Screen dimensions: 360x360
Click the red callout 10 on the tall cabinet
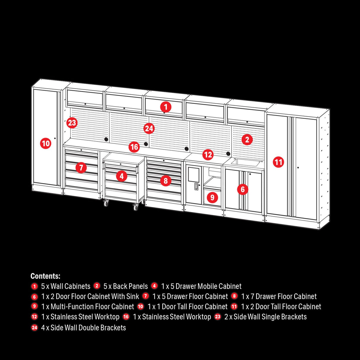click(x=46, y=144)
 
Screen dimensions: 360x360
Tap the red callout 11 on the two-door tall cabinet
click(x=278, y=162)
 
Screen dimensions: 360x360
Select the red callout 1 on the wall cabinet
click(x=166, y=107)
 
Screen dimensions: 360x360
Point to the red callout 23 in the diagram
click(x=72, y=122)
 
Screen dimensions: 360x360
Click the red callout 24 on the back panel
click(x=149, y=128)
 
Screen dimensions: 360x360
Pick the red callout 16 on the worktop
click(x=134, y=147)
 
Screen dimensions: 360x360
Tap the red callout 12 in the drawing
click(x=208, y=154)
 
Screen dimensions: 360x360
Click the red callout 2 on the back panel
click(x=247, y=139)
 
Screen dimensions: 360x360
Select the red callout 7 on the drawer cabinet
click(x=81, y=168)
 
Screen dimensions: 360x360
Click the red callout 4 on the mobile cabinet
click(x=122, y=176)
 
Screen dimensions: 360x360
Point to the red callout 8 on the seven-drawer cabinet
click(x=165, y=181)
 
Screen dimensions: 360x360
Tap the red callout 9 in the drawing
click(x=212, y=197)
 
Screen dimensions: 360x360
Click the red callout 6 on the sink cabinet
click(x=243, y=189)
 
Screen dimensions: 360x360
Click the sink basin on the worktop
click(x=245, y=162)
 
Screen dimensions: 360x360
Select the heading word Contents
click(x=45, y=276)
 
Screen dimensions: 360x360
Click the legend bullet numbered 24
click(x=34, y=328)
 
